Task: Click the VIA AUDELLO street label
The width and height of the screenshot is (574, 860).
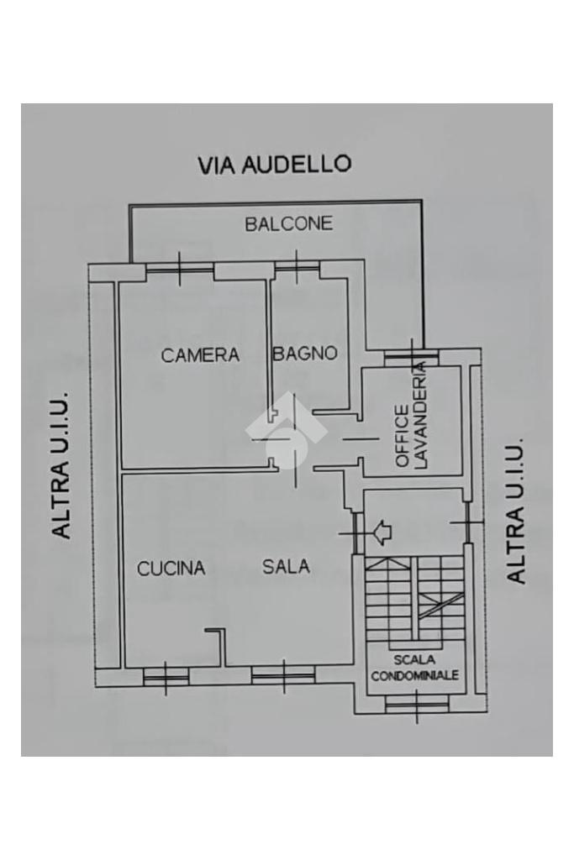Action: tap(274, 164)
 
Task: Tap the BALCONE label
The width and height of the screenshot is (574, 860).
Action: tap(288, 223)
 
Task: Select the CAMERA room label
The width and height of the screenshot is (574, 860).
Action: tap(200, 355)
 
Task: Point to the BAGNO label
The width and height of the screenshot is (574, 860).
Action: tap(304, 354)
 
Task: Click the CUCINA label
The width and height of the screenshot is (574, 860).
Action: tap(171, 569)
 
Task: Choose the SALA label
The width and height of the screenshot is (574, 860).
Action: tap(286, 567)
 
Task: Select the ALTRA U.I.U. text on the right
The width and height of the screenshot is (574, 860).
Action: tap(515, 510)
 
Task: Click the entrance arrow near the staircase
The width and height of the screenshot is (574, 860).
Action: tap(382, 531)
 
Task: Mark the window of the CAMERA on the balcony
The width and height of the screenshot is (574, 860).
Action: tap(180, 269)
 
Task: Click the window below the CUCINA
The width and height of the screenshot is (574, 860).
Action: tap(165, 675)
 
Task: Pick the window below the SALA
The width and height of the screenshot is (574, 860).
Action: tap(283, 674)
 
